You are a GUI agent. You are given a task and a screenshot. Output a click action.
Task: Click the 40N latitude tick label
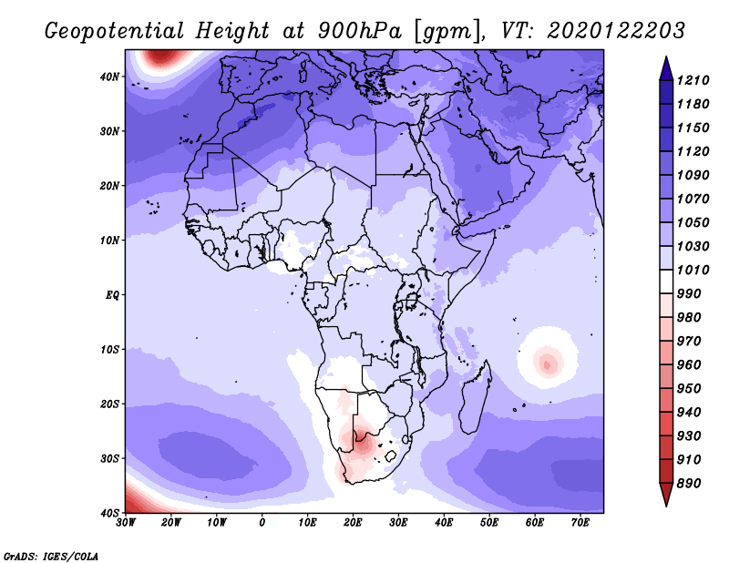(109, 77)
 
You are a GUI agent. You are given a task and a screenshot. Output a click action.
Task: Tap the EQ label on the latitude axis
(112, 295)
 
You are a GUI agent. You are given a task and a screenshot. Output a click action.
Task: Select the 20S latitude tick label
(109, 404)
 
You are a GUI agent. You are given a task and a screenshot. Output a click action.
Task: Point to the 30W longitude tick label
(126, 523)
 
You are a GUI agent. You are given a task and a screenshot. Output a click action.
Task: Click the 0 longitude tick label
(262, 523)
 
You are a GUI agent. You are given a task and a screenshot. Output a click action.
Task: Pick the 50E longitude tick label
(489, 523)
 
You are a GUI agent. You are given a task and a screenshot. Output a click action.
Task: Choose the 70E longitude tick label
(580, 523)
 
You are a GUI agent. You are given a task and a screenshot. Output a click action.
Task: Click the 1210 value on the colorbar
(693, 80)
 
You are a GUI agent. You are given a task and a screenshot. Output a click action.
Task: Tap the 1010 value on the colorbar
(693, 270)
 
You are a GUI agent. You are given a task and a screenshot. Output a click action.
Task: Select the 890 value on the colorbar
(689, 484)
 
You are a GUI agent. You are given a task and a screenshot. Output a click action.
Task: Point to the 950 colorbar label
(689, 389)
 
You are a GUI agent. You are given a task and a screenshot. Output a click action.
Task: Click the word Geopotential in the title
(115, 31)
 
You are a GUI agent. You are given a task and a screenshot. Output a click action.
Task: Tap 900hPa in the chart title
(359, 31)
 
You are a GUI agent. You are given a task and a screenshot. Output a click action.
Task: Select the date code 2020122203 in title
(616, 31)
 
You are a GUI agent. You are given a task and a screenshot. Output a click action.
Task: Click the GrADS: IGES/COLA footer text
(51, 556)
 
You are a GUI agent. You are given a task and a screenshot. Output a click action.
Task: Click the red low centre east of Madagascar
(548, 365)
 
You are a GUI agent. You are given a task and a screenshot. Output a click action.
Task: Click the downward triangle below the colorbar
(666, 494)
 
